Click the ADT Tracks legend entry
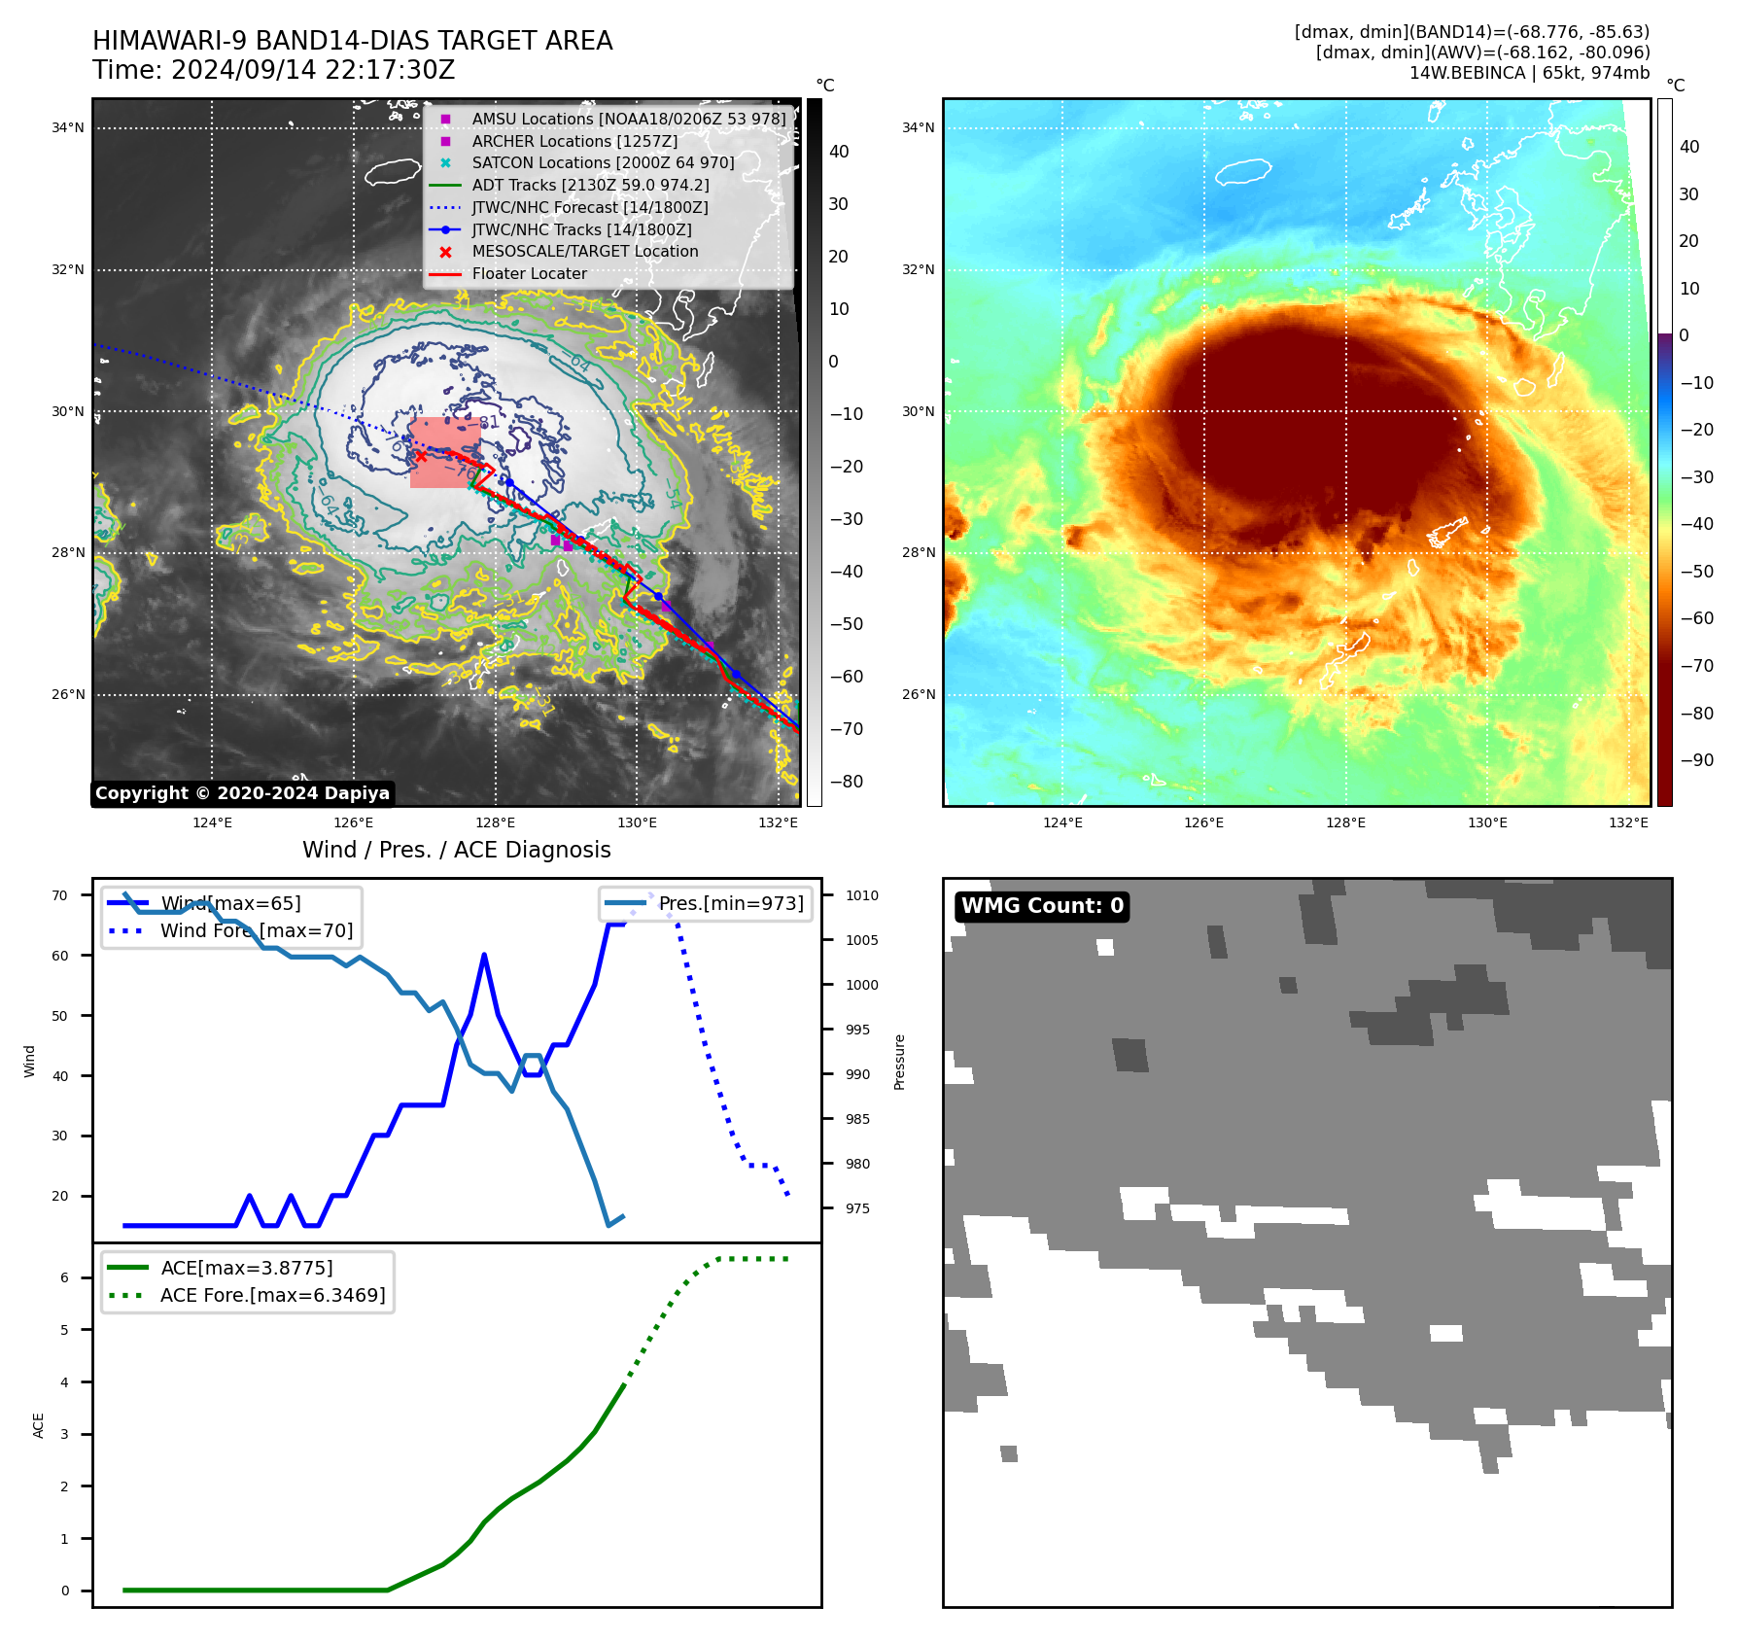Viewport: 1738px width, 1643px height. click(x=590, y=185)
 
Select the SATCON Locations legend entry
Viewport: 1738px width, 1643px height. click(x=603, y=163)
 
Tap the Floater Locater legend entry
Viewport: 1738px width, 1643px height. click(x=529, y=274)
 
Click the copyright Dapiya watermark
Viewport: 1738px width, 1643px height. click(x=242, y=793)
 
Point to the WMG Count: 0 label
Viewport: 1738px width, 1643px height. click(x=1042, y=906)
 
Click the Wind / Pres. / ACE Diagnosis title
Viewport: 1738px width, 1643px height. click(x=456, y=850)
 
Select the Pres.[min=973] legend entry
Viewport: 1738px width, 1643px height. click(x=731, y=903)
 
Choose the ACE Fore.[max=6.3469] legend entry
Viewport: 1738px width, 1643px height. click(x=272, y=1295)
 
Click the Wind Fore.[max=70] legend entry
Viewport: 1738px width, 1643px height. click(x=257, y=930)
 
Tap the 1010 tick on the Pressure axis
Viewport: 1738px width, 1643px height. click(x=861, y=895)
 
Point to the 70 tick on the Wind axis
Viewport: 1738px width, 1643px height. click(x=60, y=895)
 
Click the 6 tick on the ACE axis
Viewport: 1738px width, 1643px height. click(x=65, y=1277)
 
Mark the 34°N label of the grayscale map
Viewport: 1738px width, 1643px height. click(x=68, y=127)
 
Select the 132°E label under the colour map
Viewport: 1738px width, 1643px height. click(x=1628, y=822)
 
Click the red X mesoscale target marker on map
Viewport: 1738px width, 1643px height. click(x=420, y=455)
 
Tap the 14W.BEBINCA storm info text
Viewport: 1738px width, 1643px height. click(x=1529, y=73)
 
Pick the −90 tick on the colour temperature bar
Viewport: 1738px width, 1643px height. click(x=1696, y=760)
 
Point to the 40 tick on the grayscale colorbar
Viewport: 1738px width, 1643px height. click(x=838, y=152)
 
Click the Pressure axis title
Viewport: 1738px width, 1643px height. click(x=899, y=1062)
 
